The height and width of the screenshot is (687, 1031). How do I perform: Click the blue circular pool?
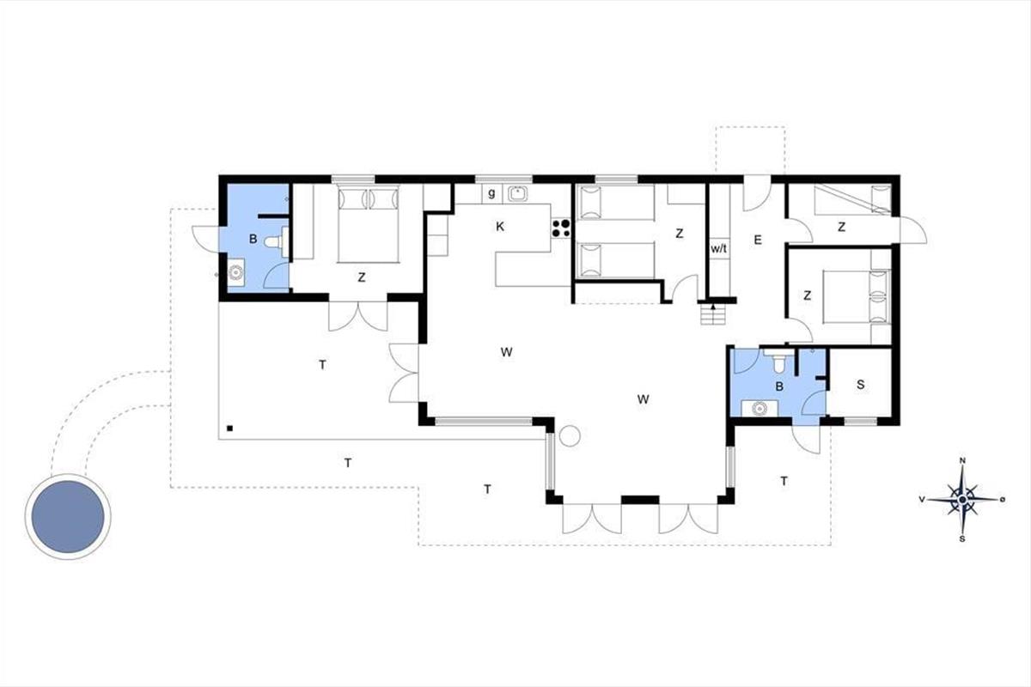click(68, 517)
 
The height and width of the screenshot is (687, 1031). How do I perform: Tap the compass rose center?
click(962, 499)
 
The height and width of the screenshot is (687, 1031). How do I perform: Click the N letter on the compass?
click(962, 460)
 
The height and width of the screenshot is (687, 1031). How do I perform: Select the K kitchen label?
click(500, 227)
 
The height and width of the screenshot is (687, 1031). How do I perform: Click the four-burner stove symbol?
click(561, 228)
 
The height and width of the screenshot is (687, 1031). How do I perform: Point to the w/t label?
click(718, 249)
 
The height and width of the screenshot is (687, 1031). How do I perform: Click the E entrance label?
click(758, 240)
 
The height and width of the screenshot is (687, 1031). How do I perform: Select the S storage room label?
click(861, 385)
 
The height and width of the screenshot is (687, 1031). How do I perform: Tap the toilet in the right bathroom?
click(778, 362)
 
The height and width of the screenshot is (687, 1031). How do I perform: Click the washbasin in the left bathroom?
click(236, 272)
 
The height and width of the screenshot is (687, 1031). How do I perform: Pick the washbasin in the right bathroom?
click(759, 408)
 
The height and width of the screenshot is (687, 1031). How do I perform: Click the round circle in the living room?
click(570, 435)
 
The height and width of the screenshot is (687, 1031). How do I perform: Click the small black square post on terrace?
click(229, 429)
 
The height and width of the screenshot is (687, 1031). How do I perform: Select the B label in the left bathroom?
click(253, 239)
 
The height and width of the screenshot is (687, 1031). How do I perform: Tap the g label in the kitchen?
click(491, 193)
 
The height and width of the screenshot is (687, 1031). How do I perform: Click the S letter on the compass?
click(962, 538)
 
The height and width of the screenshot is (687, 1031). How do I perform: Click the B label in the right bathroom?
click(779, 386)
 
